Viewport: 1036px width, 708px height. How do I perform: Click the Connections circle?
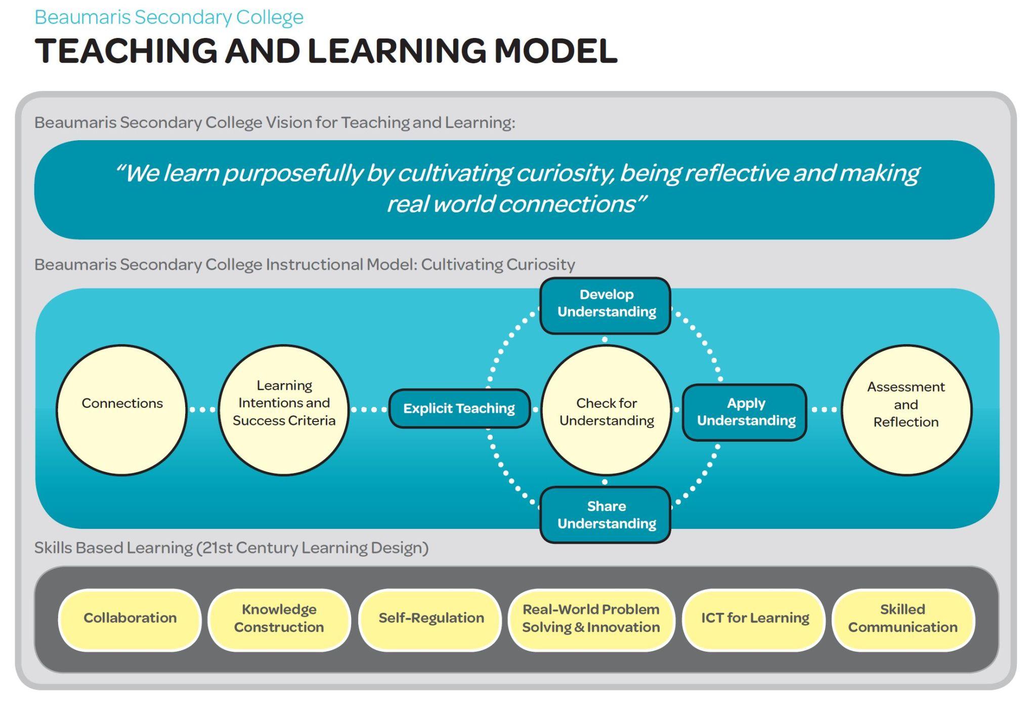pyautogui.click(x=121, y=410)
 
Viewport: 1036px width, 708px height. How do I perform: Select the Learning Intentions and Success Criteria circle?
pyautogui.click(x=284, y=410)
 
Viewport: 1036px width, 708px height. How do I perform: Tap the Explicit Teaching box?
pyautogui.click(x=459, y=408)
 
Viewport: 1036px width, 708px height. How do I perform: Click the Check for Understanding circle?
pyautogui.click(x=606, y=410)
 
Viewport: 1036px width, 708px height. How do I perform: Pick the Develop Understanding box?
pyautogui.click(x=606, y=306)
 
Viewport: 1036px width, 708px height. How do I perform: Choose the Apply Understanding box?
pyautogui.click(x=745, y=412)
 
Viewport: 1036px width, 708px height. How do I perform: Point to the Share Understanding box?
pyautogui.click(x=606, y=515)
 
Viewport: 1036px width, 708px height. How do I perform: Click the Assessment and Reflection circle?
pyautogui.click(x=906, y=410)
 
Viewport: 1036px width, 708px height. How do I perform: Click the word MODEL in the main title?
pyautogui.click(x=555, y=51)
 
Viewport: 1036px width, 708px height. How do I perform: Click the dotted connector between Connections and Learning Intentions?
pyautogui.click(x=202, y=409)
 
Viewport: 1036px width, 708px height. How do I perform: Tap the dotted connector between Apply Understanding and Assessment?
pyautogui.click(x=824, y=409)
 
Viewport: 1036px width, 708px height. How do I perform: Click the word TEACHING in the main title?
pyautogui.click(x=126, y=51)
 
